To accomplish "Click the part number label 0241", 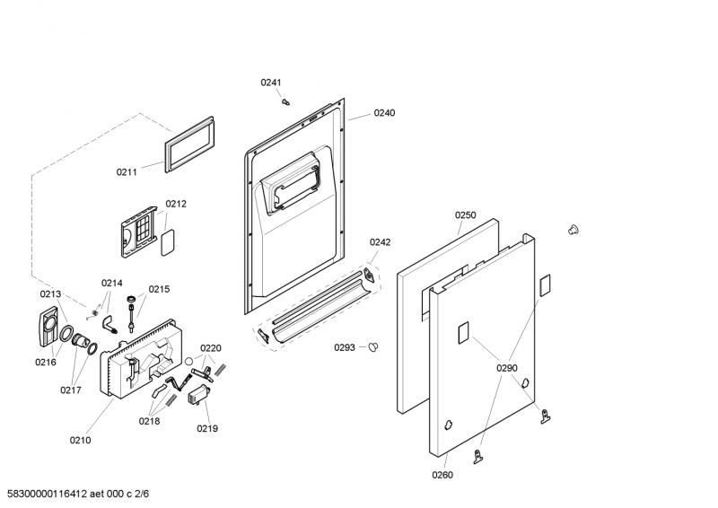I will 271,83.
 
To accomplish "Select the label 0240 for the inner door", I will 384,113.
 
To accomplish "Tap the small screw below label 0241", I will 285,101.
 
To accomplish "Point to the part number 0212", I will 176,204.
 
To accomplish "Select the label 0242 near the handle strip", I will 381,242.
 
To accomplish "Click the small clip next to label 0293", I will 375,347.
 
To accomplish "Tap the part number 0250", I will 465,215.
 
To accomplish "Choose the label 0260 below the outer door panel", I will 442,475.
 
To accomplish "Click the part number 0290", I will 507,368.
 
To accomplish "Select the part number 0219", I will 207,428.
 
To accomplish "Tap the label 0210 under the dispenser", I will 80,440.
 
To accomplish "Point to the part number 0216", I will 46,363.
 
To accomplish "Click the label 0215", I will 159,289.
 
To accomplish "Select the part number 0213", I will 50,294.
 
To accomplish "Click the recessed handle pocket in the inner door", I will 289,184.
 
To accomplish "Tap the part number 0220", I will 210,348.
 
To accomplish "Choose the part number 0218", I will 149,420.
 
